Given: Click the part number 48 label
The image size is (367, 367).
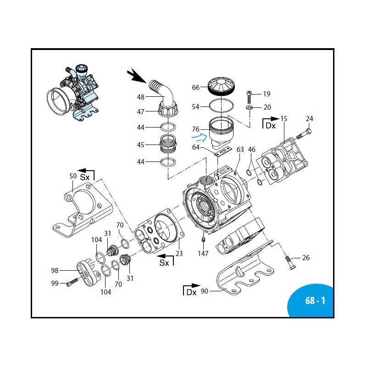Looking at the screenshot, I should coord(140,97).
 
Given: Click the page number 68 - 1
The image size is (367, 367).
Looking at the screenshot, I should coord(315,301).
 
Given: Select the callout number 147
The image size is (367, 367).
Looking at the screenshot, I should coord(203,253).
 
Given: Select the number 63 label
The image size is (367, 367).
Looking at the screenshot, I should coord(240,150).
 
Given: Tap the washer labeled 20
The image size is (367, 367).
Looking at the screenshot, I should coord(249,107).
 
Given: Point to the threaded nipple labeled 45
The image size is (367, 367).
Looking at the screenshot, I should coord(168,145).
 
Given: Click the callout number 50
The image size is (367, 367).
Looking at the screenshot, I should coord(73,176).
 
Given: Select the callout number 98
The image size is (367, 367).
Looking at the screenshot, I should coord(55,271).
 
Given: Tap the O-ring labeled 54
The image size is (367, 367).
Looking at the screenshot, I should coord(220,106).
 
